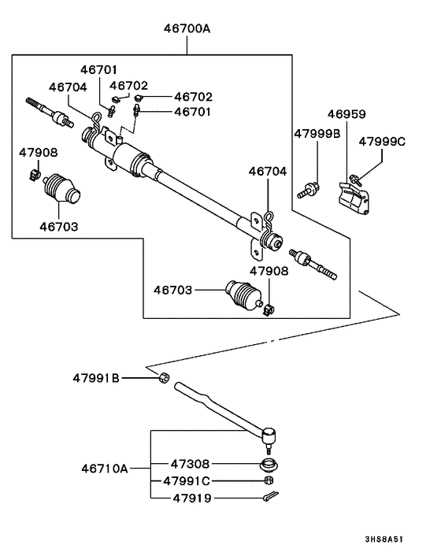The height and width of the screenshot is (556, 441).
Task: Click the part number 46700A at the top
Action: tap(187, 28)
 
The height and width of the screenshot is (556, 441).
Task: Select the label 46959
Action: tap(346, 114)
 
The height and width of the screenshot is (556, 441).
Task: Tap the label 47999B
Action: tap(317, 134)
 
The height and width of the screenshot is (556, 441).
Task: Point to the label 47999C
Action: tap(382, 142)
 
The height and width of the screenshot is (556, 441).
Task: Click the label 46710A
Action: tap(104, 469)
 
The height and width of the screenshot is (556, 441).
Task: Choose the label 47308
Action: tap(190, 464)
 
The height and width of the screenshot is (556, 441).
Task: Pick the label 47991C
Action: tap(187, 481)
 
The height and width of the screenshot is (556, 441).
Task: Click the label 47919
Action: tap(192, 499)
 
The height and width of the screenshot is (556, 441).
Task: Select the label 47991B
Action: tap(96, 378)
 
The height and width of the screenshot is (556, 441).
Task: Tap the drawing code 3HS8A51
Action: tap(384, 539)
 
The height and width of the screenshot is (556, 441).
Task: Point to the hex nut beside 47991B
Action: tap(164, 378)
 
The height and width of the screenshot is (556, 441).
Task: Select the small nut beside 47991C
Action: tap(269, 481)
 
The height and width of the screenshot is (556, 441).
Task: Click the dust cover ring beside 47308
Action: tap(269, 465)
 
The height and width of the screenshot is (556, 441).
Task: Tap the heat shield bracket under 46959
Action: tap(354, 198)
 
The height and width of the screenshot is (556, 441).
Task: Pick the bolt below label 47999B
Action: tap(308, 190)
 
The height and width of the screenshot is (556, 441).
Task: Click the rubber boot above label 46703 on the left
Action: tap(61, 189)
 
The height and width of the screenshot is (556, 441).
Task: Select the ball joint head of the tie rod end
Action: tap(269, 436)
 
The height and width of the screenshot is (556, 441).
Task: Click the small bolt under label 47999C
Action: tap(355, 180)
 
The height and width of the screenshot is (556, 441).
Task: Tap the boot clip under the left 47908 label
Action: tap(35, 175)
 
